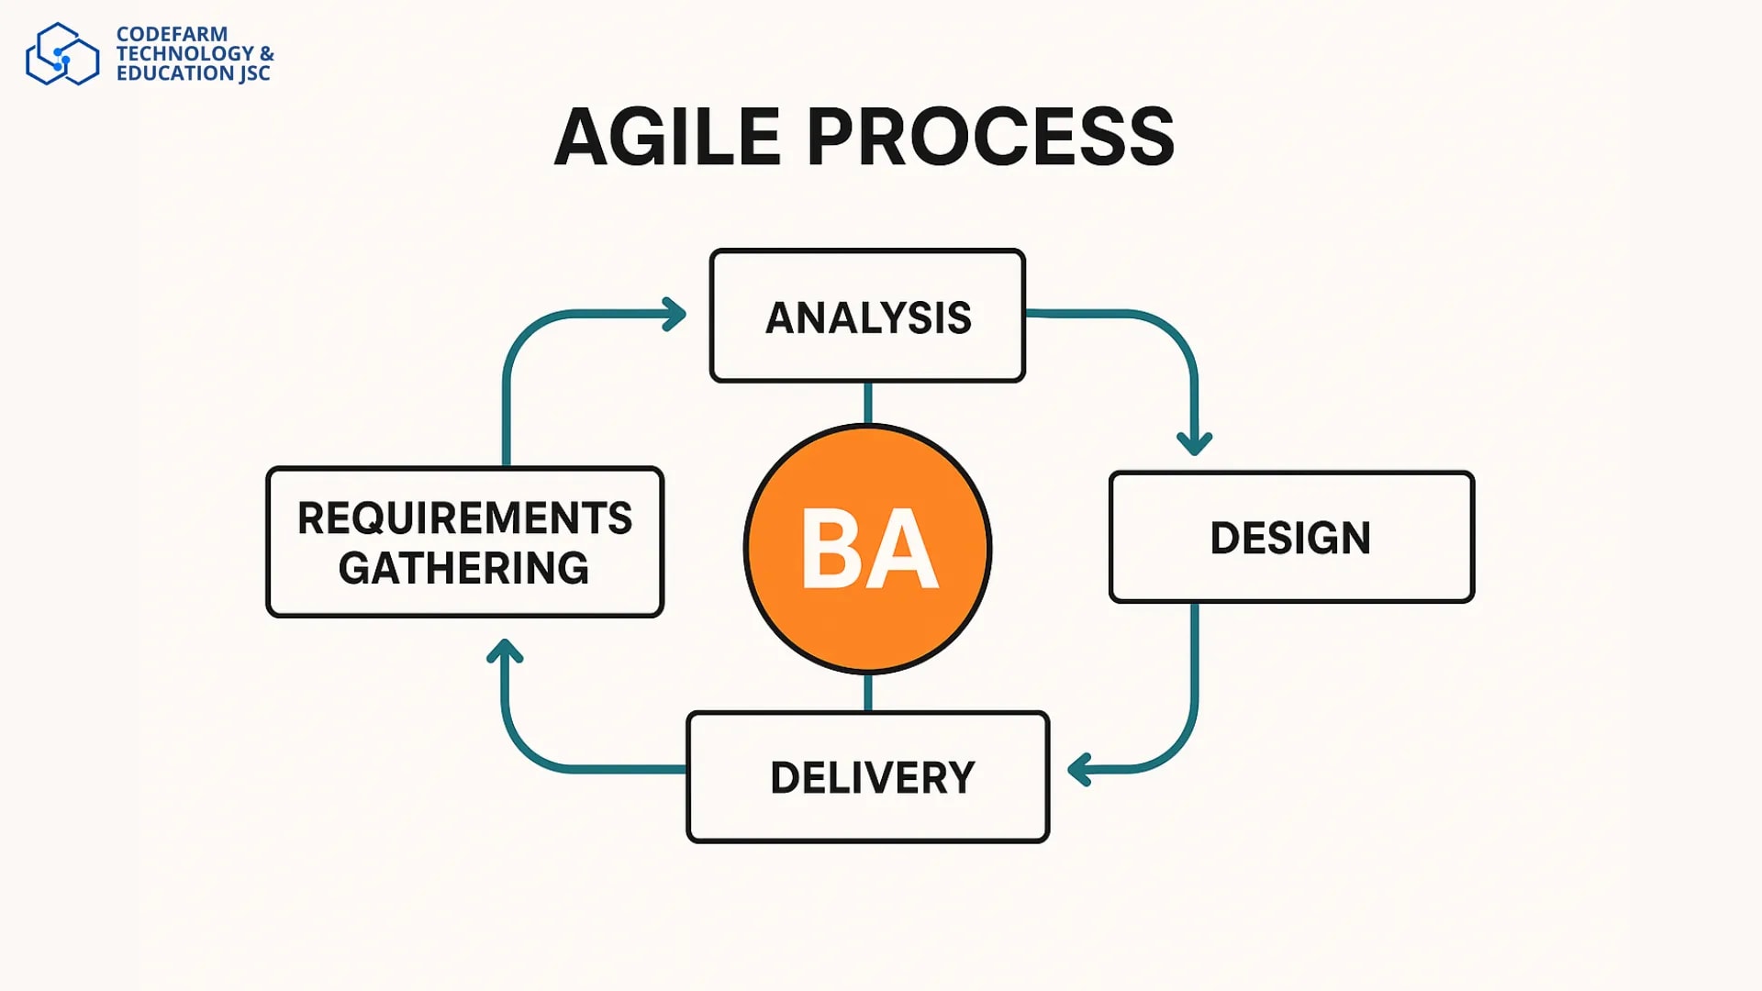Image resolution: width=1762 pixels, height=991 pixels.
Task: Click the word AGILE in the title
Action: [667, 137]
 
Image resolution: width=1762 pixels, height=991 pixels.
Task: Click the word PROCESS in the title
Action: [990, 137]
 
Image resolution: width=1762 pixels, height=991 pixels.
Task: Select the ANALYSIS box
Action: [867, 317]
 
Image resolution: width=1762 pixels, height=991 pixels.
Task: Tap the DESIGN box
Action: [1290, 538]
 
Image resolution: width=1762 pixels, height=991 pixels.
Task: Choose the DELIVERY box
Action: [867, 777]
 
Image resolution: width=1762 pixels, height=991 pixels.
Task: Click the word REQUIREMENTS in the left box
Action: [464, 518]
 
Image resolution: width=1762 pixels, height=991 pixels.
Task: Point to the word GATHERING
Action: [463, 568]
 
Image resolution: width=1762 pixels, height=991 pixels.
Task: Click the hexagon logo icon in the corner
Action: [61, 54]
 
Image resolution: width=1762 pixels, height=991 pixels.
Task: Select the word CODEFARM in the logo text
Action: [172, 34]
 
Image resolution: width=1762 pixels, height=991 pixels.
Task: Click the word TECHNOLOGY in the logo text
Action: [184, 53]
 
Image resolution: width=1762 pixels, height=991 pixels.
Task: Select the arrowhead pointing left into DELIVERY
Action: [1079, 770]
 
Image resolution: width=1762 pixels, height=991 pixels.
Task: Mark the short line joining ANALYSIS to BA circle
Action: [867, 403]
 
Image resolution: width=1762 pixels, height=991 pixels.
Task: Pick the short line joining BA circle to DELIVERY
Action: [867, 693]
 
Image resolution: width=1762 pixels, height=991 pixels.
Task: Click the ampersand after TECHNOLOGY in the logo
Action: [266, 53]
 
